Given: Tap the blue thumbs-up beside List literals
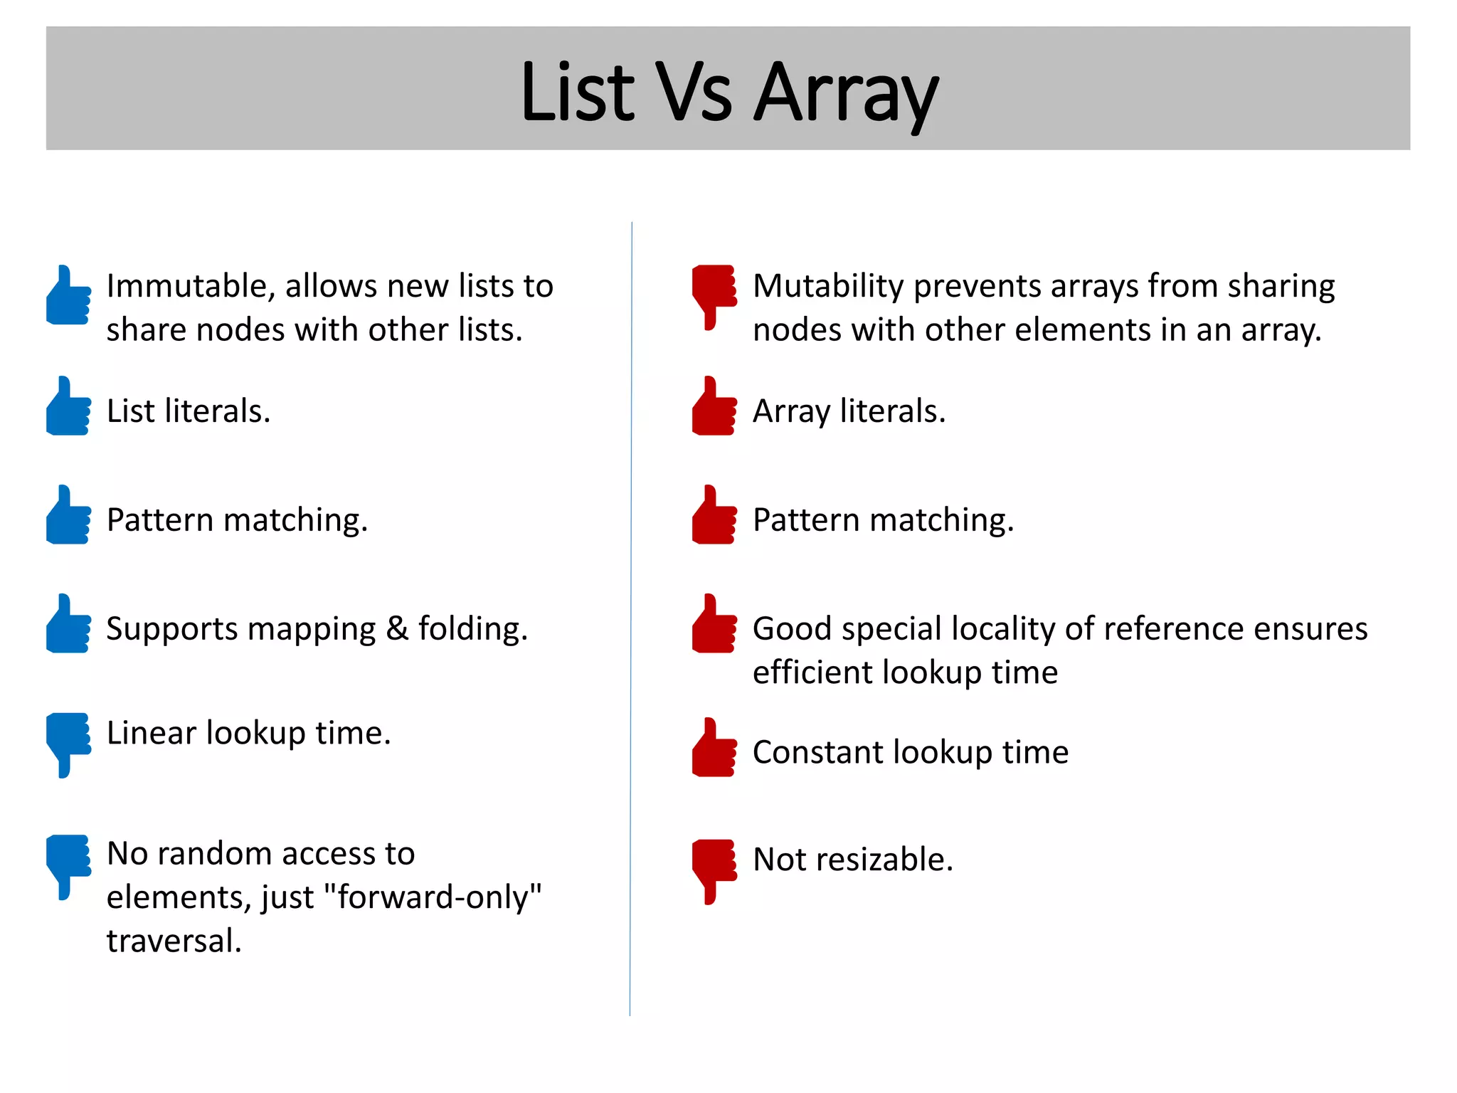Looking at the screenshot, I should (x=68, y=407).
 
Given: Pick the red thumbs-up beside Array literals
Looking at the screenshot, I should (x=714, y=407).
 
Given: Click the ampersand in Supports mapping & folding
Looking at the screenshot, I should (x=397, y=629).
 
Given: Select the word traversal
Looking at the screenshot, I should (x=174, y=941).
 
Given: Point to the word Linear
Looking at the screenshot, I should (x=151, y=733).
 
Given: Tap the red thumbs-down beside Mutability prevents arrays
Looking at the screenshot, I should (x=714, y=295).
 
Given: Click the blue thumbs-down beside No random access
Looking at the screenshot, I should (x=68, y=865).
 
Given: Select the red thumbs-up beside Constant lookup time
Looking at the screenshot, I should (x=714, y=749).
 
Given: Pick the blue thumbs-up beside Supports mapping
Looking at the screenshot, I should (x=68, y=625).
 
